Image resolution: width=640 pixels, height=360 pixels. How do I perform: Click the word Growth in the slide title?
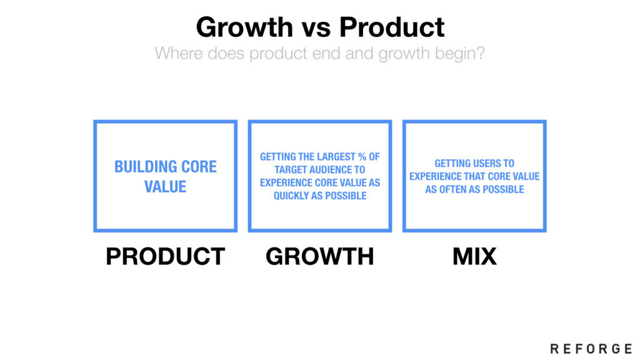coord(244,27)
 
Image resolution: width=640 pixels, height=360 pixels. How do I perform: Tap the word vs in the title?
coord(316,29)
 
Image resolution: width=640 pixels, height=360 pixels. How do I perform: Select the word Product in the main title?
coord(392,27)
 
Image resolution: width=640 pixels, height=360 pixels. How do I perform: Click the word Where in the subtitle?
coord(178,54)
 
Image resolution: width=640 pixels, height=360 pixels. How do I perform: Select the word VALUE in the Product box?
coord(165,187)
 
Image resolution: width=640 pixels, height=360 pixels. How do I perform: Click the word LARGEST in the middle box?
coord(336,157)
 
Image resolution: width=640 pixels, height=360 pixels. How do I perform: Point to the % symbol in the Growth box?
coord(362,157)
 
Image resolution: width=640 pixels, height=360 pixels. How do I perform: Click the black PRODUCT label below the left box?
coord(165,256)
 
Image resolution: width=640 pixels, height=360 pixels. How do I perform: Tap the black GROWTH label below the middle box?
coord(319,256)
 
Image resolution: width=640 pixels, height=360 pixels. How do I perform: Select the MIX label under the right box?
coord(474,256)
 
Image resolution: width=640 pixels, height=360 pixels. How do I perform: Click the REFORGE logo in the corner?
coord(591,349)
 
